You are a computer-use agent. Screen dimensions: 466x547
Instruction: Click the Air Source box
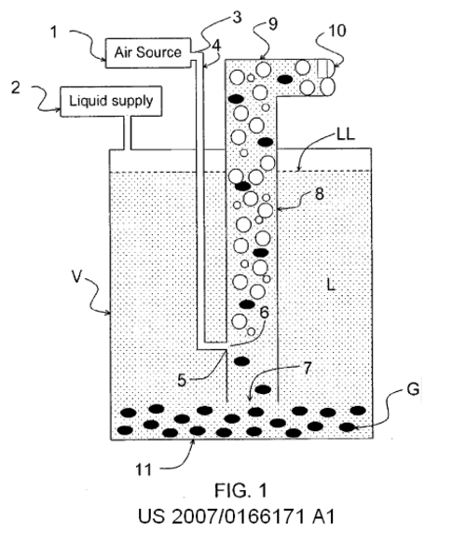[148, 52]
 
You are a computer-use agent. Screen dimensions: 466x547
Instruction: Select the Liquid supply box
[111, 101]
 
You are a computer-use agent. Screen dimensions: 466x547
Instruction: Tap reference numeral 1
[54, 33]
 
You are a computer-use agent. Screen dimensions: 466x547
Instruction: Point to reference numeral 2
[15, 88]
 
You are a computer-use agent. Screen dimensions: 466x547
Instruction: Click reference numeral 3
[237, 17]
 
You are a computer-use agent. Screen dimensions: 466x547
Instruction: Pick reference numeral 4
[216, 46]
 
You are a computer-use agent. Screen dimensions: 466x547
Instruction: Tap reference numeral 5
[182, 380]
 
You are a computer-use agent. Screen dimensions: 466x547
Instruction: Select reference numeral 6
[265, 312]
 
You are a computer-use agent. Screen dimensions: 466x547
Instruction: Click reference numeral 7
[307, 369]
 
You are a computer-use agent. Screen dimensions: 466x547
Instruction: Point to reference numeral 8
[320, 193]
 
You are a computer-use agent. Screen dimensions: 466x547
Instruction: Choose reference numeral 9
[273, 23]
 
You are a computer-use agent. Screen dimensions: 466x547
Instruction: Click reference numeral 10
[337, 31]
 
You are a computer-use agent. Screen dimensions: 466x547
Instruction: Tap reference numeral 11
[144, 470]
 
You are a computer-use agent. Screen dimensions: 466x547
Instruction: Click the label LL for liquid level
[346, 134]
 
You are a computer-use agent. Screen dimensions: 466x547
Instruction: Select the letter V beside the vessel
[76, 276]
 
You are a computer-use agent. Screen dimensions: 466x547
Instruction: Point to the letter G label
[413, 389]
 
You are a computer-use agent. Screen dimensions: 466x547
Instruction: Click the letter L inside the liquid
[331, 285]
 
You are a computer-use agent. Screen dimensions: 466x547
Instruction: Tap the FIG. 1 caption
[241, 490]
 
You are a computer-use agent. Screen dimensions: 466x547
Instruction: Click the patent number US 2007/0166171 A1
[237, 516]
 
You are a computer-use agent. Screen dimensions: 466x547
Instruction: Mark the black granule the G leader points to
[348, 427]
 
